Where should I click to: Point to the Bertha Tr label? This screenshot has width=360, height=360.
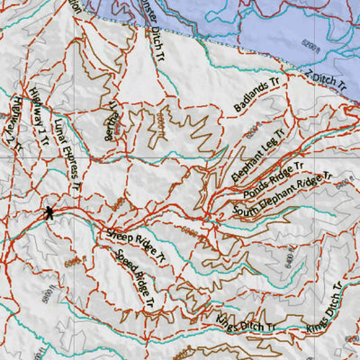(111, 119)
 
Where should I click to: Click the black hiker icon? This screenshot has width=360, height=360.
(47, 213)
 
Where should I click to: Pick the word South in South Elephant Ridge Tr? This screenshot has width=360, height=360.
(247, 209)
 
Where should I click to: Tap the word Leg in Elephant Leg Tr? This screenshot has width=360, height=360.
(260, 144)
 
